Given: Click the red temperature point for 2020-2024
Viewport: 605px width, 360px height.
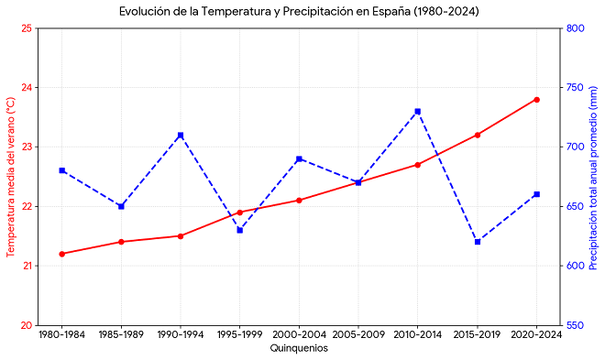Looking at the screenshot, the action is tap(536, 100).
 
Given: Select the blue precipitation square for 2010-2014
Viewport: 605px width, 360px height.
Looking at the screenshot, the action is tap(417, 112).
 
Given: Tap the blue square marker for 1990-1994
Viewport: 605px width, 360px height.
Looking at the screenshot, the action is tap(181, 136).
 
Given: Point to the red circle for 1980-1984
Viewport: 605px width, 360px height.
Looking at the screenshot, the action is tap(61, 254).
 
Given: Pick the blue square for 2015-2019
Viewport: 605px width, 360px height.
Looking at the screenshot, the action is tap(478, 242).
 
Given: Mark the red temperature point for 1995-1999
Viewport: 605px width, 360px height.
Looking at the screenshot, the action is tap(239, 213).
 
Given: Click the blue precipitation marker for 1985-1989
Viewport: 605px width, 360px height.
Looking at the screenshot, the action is tap(121, 206).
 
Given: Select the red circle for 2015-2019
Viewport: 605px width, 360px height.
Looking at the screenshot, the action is tap(478, 135).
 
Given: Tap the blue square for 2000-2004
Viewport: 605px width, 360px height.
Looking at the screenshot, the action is tap(299, 158).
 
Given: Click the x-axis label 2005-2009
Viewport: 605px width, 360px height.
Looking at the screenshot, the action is tap(358, 334).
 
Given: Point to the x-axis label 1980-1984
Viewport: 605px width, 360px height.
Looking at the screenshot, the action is tap(61, 334).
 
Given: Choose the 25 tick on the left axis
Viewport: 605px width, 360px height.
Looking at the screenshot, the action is tap(28, 28).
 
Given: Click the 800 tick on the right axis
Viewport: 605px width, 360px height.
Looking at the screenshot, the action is tap(576, 28).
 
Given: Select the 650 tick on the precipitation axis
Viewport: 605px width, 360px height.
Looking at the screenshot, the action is tap(576, 206).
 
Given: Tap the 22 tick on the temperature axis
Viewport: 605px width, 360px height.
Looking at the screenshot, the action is tap(28, 206).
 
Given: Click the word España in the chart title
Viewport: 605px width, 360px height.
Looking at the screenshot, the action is tap(391, 12).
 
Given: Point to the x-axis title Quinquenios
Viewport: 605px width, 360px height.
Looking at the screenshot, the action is tap(299, 348).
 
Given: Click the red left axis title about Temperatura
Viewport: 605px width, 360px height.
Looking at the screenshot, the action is tap(10, 177).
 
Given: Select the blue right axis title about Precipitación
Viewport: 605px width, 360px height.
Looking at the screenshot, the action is tap(593, 178).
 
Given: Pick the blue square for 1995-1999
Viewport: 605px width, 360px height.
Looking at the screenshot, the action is tap(239, 230).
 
